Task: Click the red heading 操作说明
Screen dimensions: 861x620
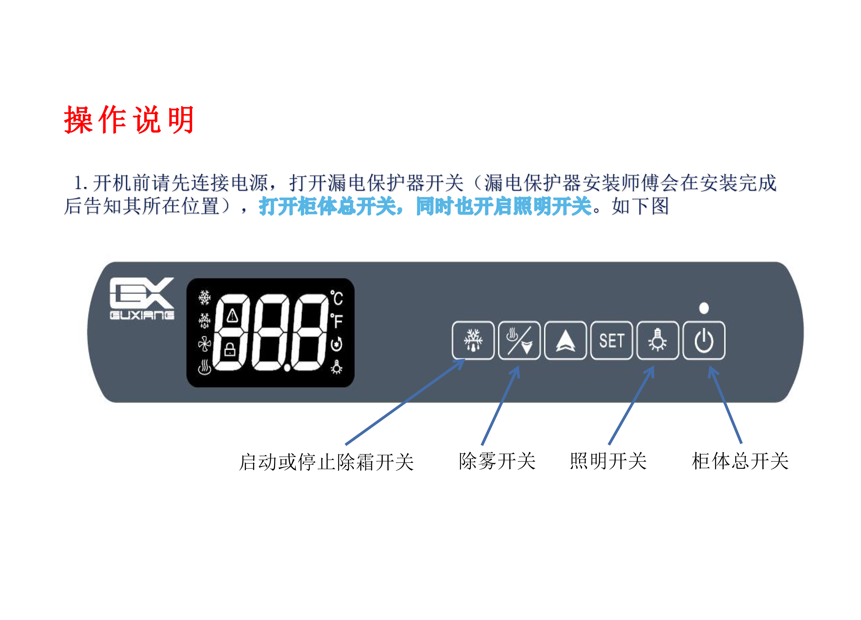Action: [129, 120]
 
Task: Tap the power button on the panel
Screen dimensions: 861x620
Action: [704, 340]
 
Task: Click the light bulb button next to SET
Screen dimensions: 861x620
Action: [657, 340]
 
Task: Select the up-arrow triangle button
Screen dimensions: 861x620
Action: [565, 340]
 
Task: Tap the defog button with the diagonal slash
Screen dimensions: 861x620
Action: [519, 340]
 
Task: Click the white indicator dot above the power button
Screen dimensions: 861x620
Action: [704, 308]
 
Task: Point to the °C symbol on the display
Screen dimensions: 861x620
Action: [336, 298]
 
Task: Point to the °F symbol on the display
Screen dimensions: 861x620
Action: [336, 320]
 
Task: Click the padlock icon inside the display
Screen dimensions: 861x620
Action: [230, 349]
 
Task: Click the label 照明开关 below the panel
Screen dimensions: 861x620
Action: [608, 461]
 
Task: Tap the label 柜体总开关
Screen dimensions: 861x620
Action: [740, 461]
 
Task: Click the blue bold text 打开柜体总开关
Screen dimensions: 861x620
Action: [327, 206]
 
